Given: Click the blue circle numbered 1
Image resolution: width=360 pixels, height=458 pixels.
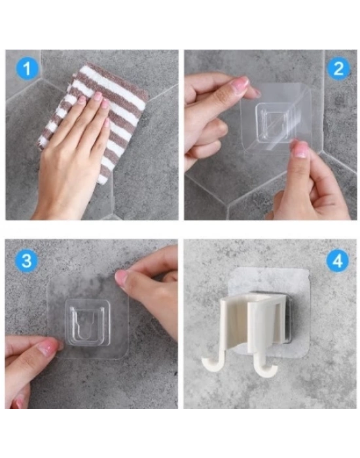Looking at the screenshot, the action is (x=27, y=69).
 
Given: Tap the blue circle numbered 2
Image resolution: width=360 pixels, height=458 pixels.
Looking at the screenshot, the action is (x=338, y=69).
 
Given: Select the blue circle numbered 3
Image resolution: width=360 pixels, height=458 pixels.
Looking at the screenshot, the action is (x=27, y=260).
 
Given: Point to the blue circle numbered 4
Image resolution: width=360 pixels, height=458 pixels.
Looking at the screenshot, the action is (x=338, y=260).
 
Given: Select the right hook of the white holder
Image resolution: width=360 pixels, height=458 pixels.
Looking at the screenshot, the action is (x=265, y=368).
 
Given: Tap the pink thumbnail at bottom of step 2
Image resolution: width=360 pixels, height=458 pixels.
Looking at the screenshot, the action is (x=300, y=150).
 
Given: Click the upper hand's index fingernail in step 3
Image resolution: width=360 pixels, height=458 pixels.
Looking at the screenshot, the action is (x=122, y=277).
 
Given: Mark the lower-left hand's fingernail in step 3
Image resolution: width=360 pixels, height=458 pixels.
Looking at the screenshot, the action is (x=48, y=347).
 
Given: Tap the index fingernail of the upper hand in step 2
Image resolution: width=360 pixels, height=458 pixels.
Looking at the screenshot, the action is (x=240, y=82).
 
